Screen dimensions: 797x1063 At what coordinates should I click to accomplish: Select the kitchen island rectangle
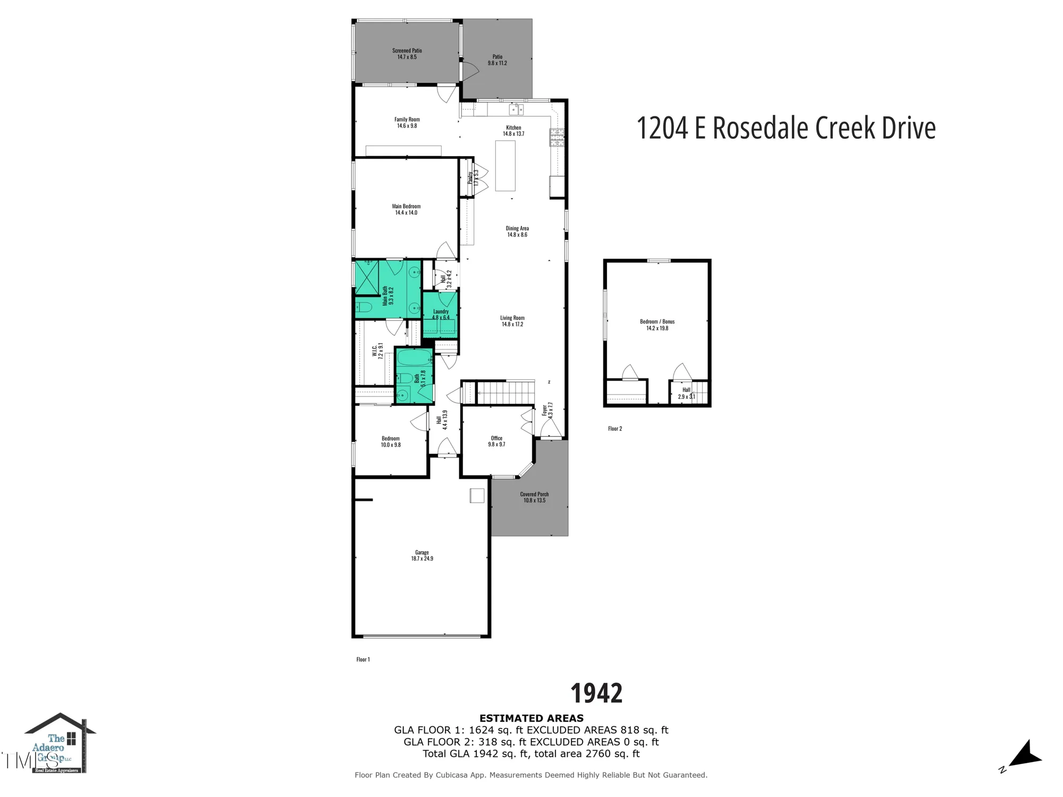[505, 165]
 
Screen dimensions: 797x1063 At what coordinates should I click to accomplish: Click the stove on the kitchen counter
[556, 137]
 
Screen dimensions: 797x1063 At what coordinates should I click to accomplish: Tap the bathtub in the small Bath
[415, 358]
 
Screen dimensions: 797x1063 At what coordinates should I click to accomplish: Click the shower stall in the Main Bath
[366, 277]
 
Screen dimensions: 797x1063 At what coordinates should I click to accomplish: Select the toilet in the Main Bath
[364, 307]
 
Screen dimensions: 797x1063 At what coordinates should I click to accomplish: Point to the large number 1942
[596, 693]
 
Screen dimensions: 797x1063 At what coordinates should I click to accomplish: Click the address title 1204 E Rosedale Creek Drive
[786, 129]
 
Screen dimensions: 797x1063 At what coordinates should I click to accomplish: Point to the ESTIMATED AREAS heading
[531, 718]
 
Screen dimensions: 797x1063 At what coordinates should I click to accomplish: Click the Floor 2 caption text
[615, 428]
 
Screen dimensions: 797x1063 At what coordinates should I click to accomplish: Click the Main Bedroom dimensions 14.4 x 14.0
[406, 213]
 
